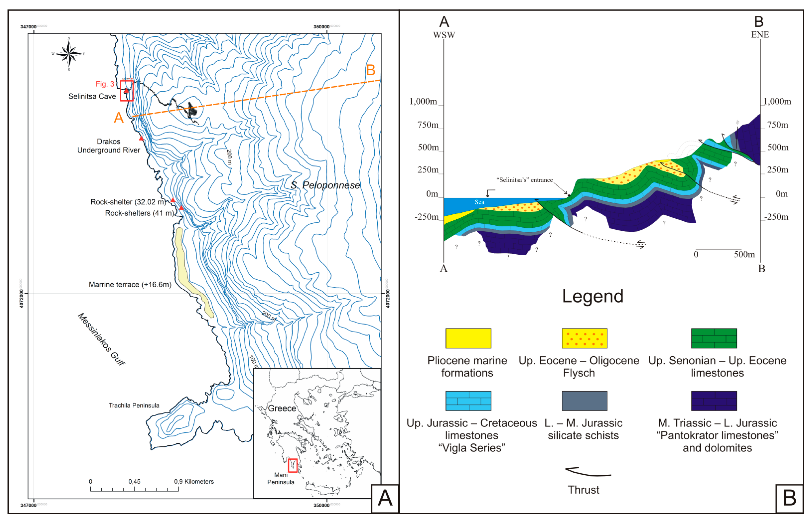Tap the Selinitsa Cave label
[92, 96]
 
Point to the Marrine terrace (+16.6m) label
[130, 284]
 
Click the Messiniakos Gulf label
[101, 339]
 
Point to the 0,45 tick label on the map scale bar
[134, 482]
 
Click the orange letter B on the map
[371, 70]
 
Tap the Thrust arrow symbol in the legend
[588, 472]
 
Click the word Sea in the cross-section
[479, 202]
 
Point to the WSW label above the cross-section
[444, 35]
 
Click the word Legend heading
[593, 296]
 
